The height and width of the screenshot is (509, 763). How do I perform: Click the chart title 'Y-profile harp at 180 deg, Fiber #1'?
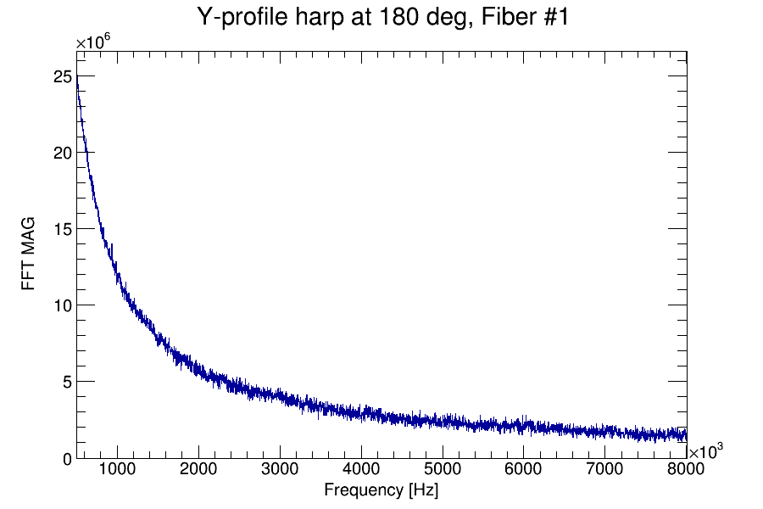381,18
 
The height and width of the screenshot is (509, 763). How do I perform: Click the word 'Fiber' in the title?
486,18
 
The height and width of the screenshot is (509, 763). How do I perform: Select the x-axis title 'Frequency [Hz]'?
381,489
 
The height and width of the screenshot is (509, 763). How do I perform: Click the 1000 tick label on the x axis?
117,469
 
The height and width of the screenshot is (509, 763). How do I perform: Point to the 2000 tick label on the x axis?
198,469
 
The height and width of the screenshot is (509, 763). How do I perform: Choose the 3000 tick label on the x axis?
280,469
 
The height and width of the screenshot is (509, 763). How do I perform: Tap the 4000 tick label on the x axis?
361,469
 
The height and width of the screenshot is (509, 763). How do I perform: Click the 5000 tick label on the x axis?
443,469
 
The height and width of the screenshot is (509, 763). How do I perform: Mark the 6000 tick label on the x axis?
524,469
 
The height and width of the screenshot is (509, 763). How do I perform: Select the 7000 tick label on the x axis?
605,469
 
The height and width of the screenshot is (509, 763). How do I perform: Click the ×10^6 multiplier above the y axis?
93,42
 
